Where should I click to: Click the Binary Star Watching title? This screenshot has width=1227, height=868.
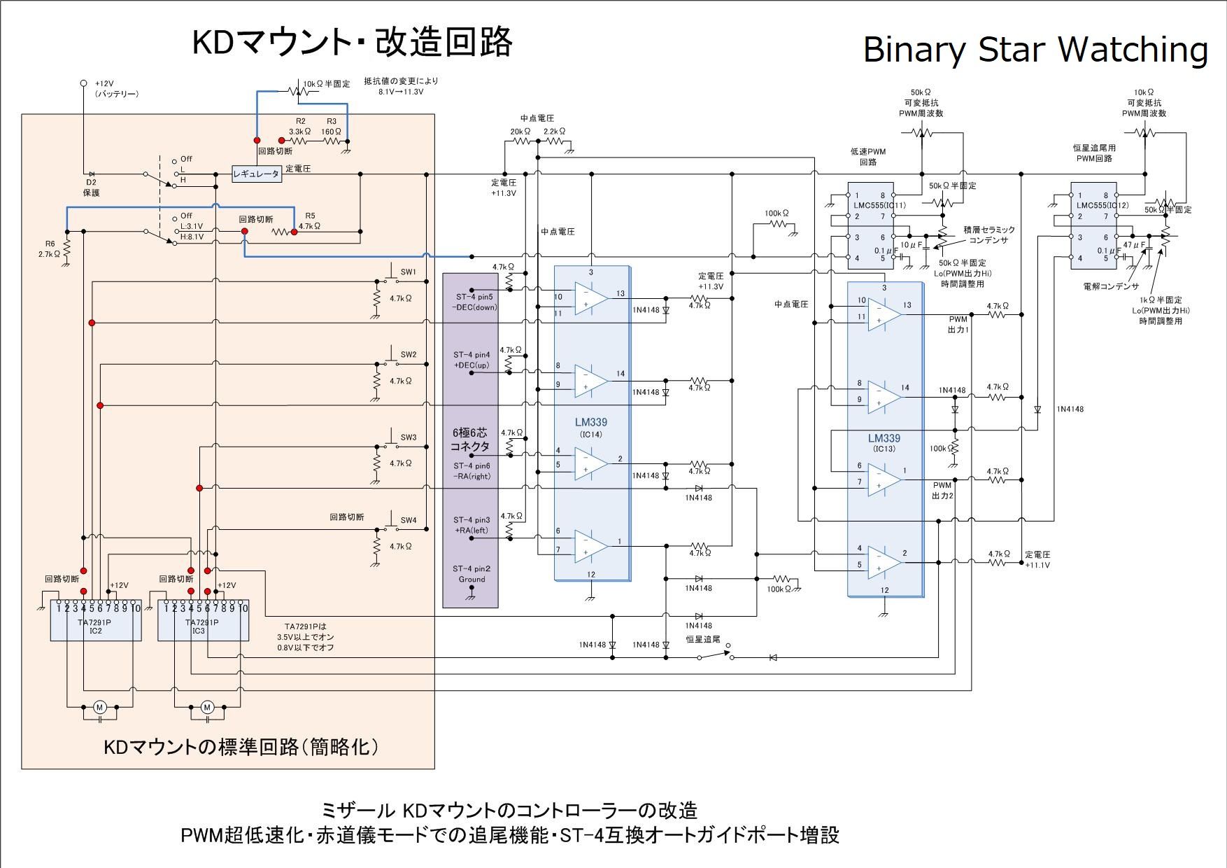tap(1035, 49)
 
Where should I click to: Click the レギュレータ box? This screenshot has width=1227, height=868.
tap(257, 174)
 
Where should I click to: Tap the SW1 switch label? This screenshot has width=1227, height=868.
tap(408, 272)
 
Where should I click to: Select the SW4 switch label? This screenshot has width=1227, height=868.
tap(408, 520)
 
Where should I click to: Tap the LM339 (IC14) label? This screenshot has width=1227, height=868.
tap(591, 428)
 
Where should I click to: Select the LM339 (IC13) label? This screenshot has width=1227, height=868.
tap(884, 443)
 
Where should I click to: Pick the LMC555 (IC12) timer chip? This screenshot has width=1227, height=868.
tap(1093, 226)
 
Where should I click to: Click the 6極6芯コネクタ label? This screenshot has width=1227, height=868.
tap(470, 440)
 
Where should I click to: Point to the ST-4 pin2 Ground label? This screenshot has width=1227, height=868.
tap(471, 574)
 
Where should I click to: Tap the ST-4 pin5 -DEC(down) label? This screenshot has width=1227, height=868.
tap(474, 302)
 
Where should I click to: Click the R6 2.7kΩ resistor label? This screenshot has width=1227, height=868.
tap(49, 248)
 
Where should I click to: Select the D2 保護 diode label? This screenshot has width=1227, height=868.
tap(91, 188)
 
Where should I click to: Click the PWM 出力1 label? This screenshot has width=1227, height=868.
tap(958, 324)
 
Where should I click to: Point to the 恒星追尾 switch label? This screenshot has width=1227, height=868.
tap(703, 639)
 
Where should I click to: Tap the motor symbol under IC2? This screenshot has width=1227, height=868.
tap(99, 708)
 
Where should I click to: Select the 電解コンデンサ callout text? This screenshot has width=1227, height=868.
tap(1110, 286)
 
